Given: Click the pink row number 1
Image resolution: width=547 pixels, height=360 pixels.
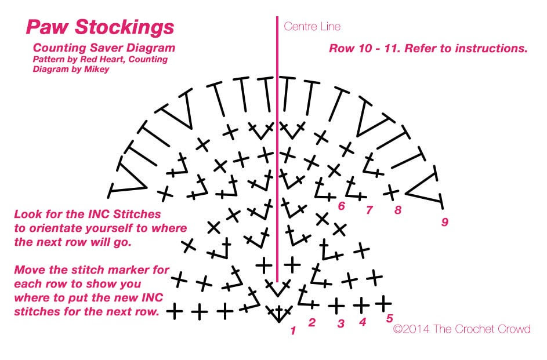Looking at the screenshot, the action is pyautogui.click(x=293, y=330).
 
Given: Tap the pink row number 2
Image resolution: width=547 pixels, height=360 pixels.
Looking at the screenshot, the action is pyautogui.click(x=311, y=323).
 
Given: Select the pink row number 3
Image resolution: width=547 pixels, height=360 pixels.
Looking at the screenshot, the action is pyautogui.click(x=341, y=323).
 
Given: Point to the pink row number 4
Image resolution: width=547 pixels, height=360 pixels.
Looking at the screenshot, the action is pyautogui.click(x=363, y=322).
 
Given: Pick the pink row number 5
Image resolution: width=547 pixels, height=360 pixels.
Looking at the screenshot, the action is pyautogui.click(x=390, y=318).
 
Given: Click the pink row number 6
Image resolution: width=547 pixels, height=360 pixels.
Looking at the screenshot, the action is pyautogui.click(x=341, y=206).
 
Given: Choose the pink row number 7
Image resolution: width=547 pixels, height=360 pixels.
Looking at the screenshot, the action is pyautogui.click(x=369, y=210).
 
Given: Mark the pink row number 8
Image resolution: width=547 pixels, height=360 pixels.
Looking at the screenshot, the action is pyautogui.click(x=398, y=210).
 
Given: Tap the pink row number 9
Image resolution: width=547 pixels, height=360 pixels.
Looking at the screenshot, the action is pyautogui.click(x=444, y=221).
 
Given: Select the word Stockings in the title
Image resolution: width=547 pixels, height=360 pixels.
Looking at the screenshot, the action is pyautogui.click(x=125, y=27).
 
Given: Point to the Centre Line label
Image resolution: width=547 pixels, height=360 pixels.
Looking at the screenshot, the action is pyautogui.click(x=312, y=27).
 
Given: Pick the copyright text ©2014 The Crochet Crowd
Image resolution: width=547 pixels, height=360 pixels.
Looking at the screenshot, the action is pyautogui.click(x=462, y=329).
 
